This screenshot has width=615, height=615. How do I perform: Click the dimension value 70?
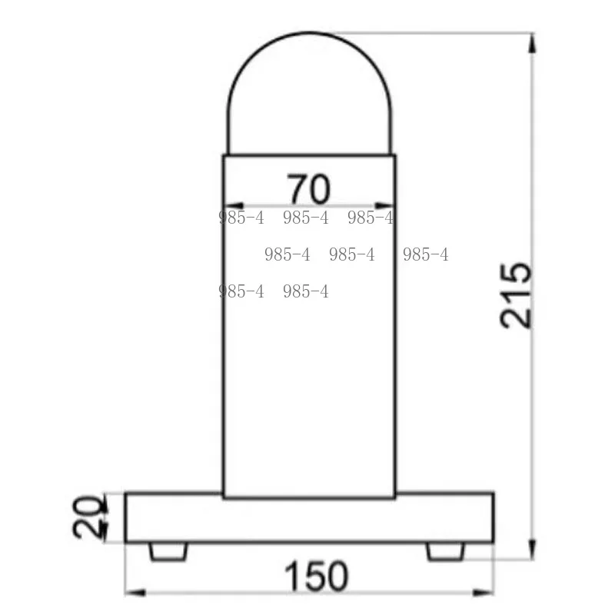(309, 189)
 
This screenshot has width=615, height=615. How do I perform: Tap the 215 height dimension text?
(516, 295)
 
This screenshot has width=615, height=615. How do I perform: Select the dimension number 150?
(316, 576)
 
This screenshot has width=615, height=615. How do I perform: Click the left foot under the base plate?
(168, 551)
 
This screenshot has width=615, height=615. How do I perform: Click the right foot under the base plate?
(446, 551)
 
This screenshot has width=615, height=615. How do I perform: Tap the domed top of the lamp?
(310, 32)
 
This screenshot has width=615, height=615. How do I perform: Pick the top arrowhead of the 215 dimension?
(532, 43)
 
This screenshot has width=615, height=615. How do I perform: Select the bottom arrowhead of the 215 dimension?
(532, 549)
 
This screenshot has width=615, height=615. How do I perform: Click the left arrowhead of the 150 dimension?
(135, 592)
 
